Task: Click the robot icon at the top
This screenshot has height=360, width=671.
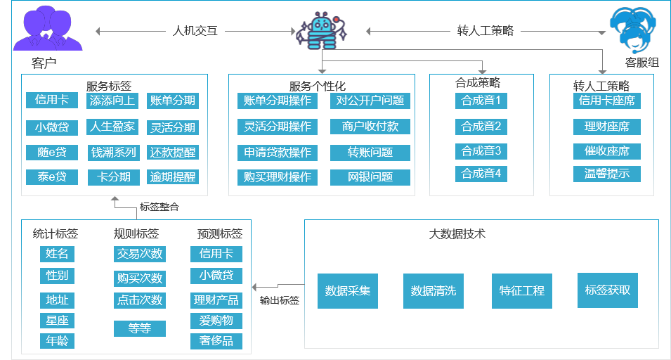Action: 323,32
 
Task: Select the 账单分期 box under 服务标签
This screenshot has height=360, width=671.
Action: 173,101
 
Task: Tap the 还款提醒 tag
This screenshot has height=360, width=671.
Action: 173,153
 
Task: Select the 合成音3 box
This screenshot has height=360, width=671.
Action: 481,151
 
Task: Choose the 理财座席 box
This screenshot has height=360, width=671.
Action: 606,127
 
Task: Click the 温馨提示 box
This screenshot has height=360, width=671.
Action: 606,174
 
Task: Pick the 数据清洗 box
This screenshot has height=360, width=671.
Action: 433,290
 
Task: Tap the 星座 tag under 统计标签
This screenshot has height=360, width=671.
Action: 57,321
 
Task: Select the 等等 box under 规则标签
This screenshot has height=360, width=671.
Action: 139,328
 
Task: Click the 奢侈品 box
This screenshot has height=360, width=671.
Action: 216,342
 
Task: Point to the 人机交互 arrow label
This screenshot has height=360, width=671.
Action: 195,31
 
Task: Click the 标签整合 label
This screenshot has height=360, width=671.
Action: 159,207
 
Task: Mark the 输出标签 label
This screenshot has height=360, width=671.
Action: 280,300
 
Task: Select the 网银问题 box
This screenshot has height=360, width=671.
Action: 370,177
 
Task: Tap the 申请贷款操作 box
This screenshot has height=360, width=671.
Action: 277,153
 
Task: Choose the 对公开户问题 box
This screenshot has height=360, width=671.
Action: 370,101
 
